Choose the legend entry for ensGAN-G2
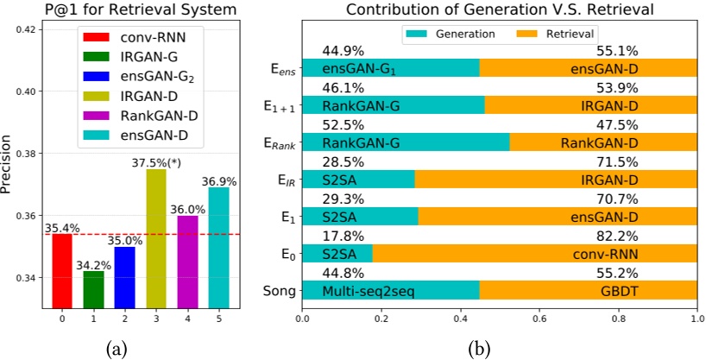point(150,75)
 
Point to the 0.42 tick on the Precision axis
point(24,29)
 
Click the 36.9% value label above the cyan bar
point(218,180)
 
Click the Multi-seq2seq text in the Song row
point(369,292)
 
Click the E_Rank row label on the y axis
point(281,144)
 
